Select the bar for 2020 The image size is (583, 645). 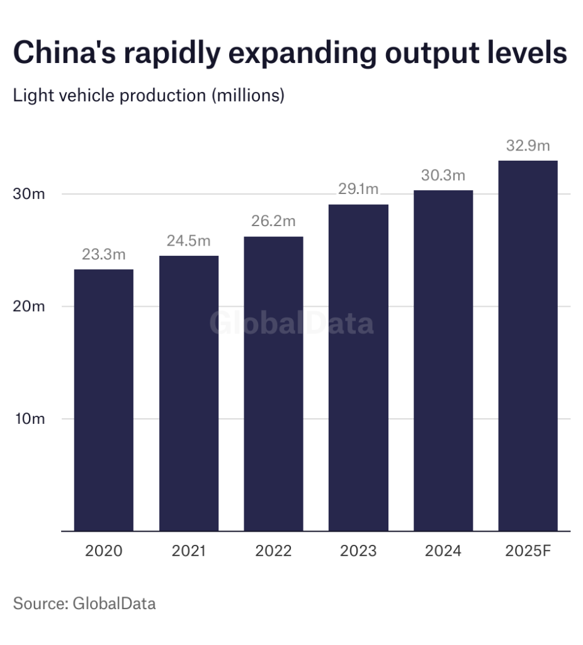coord(104,400)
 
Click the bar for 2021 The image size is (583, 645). coord(189,393)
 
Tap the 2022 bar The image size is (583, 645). coord(273,384)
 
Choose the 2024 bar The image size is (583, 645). coord(443,360)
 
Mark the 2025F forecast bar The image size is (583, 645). coord(528,346)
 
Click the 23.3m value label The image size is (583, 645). coord(104,255)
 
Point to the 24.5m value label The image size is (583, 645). coord(189,241)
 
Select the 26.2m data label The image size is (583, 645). coord(273,222)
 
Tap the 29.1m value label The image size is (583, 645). coord(358,190)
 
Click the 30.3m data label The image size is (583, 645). coord(443,176)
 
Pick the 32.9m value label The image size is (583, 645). coord(528,146)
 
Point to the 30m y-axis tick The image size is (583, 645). coord(30,194)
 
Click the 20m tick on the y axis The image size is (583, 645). coord(30,307)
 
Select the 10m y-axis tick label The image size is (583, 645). coord(30,419)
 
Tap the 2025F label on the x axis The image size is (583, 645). coord(528,551)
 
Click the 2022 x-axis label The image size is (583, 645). coord(273,551)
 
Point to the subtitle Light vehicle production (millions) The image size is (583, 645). coord(149,96)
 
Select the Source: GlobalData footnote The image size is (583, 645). coord(84,603)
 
